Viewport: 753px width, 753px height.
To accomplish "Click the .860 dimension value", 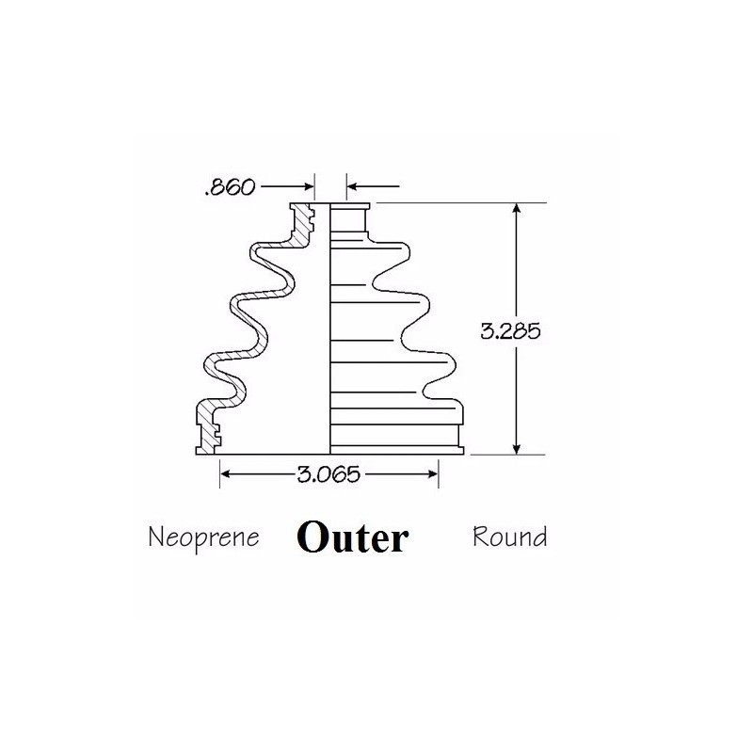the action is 230,187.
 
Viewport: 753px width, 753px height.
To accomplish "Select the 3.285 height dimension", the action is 510,331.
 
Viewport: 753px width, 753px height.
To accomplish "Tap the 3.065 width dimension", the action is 328,474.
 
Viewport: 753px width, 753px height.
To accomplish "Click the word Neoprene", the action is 203,538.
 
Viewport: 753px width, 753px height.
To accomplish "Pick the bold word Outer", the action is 352,537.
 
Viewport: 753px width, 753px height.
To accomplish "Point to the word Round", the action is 509,537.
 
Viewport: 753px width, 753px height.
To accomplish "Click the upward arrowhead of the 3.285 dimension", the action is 517,208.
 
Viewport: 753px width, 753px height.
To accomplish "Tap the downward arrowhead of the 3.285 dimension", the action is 517,449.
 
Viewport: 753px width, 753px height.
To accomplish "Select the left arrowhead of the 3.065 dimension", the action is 226,474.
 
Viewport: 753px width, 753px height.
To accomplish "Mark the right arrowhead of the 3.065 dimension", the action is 432,474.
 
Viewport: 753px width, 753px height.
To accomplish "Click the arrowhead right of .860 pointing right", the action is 309,186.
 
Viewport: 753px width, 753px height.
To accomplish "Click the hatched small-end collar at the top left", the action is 302,222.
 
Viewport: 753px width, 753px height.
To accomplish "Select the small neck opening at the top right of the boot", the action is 349,218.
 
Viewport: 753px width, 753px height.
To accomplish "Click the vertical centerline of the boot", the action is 330,328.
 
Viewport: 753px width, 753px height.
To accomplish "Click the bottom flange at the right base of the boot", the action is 397,451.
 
